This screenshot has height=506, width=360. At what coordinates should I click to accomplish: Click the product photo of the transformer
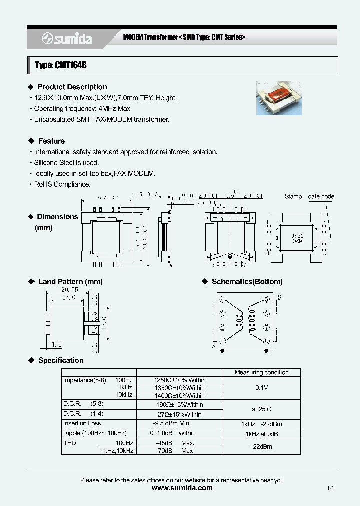click(280, 98)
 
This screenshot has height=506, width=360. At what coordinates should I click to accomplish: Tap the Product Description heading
click(72, 87)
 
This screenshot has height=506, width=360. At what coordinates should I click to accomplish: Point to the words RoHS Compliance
click(62, 184)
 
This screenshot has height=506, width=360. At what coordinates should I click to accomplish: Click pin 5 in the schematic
click(267, 299)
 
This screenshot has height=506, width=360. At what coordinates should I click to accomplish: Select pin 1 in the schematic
click(223, 341)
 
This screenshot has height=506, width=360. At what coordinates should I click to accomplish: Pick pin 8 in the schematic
click(267, 341)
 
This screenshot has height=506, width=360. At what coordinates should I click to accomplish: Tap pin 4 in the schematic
click(223, 299)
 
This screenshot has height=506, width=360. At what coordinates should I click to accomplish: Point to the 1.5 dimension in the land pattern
click(56, 345)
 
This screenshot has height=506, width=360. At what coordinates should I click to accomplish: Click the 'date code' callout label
click(321, 196)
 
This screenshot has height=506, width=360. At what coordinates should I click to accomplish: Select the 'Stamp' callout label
click(293, 196)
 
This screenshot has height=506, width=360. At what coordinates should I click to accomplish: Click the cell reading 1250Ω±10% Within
click(179, 380)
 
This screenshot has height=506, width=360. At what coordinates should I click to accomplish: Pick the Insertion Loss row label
click(82, 423)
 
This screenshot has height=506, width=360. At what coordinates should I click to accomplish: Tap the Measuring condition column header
click(261, 372)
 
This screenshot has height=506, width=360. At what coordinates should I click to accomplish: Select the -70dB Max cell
click(179, 451)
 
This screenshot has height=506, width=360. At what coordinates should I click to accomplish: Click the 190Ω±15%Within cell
click(179, 405)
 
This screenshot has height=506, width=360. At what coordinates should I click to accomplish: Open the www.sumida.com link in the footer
click(181, 488)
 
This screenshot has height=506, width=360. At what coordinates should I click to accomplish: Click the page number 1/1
click(330, 488)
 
